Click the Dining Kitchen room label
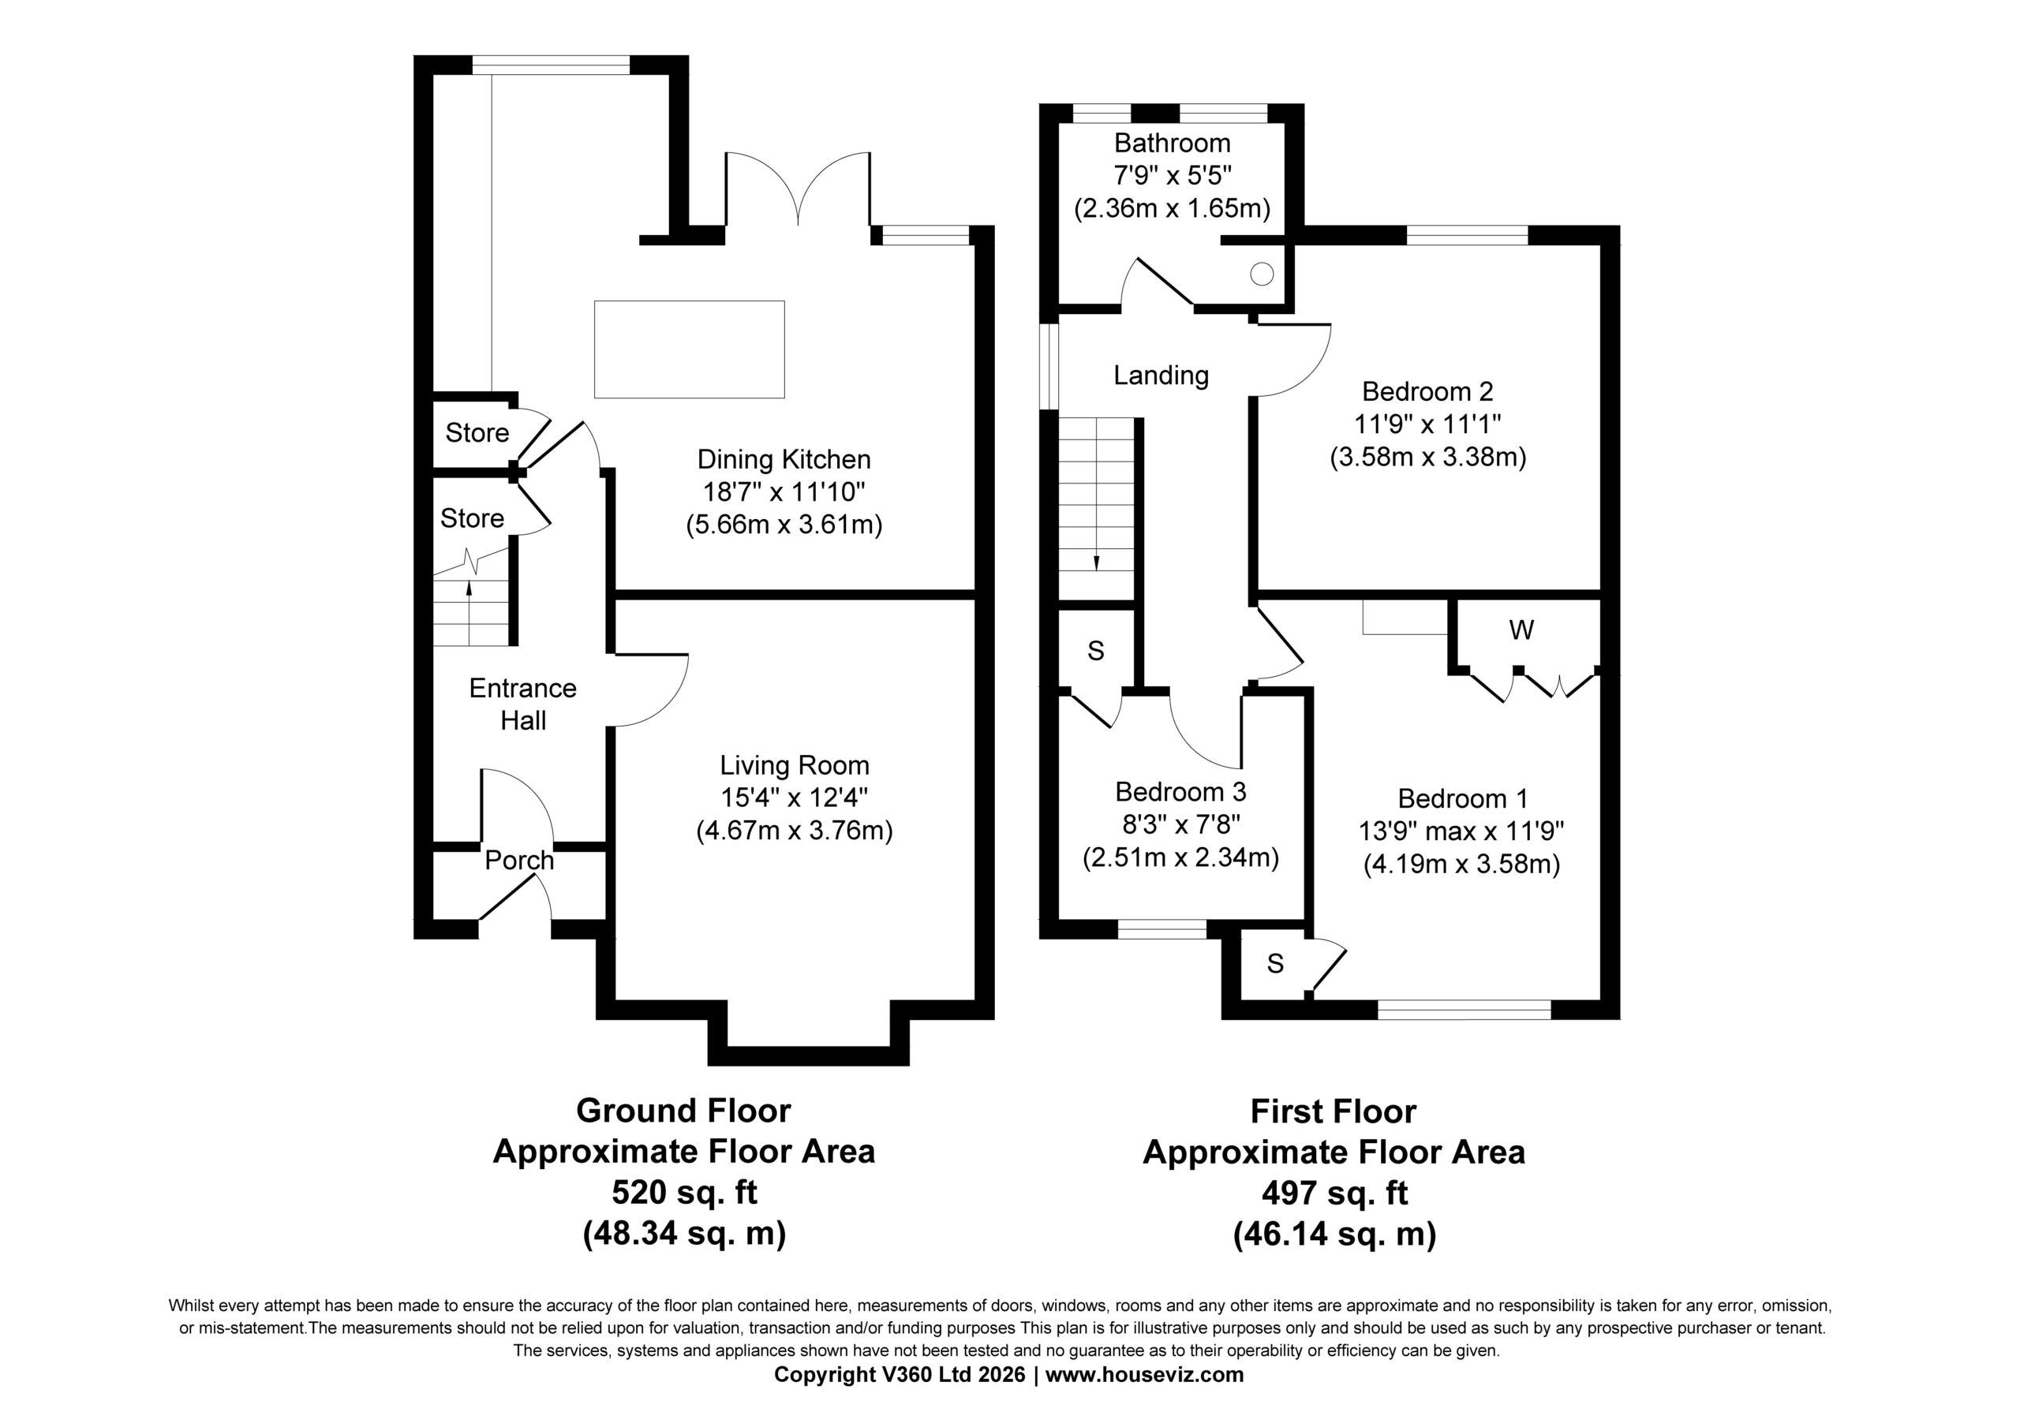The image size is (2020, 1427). pyautogui.click(x=784, y=459)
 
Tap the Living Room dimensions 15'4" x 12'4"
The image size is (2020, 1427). pyautogui.click(x=795, y=798)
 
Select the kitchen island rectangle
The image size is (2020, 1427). pyautogui.click(x=689, y=349)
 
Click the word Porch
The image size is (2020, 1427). pyautogui.click(x=519, y=861)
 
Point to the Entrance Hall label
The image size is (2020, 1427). pyautogui.click(x=522, y=704)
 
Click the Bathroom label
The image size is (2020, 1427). pyautogui.click(x=1172, y=143)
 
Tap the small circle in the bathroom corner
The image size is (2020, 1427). pyautogui.click(x=1262, y=274)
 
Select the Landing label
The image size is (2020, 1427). pyautogui.click(x=1161, y=375)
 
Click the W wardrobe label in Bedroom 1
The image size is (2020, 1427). pyautogui.click(x=1521, y=630)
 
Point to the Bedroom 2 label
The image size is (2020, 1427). pyautogui.click(x=1427, y=391)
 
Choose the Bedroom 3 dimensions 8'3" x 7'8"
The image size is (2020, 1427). pyautogui.click(x=1180, y=824)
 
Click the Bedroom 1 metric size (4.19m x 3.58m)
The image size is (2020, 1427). pyautogui.click(x=1462, y=865)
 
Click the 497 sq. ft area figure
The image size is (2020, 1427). pyautogui.click(x=1334, y=1194)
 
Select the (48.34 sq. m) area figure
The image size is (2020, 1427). pyautogui.click(x=683, y=1235)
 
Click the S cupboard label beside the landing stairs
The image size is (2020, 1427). pyautogui.click(x=1095, y=651)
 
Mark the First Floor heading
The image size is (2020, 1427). pyautogui.click(x=1333, y=1112)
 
